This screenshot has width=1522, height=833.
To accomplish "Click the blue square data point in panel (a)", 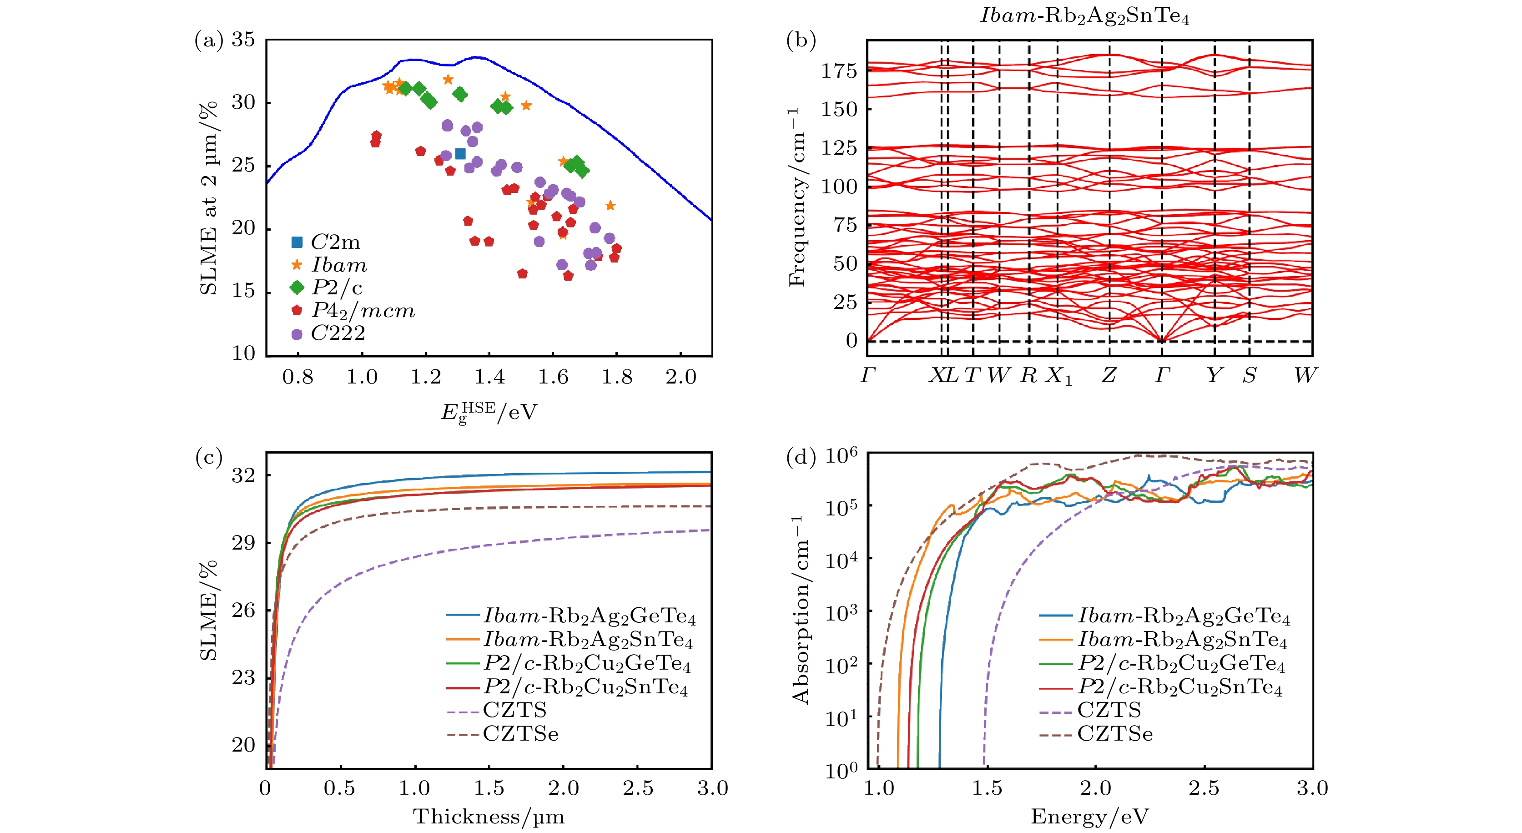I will [x=460, y=154].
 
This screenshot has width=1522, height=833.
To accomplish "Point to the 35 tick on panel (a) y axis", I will [x=243, y=40].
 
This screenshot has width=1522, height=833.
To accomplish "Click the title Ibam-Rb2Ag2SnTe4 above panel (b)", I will [x=1085, y=16].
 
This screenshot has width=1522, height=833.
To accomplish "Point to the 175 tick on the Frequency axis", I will [x=838, y=71].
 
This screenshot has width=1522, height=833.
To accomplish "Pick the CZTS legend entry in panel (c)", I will [x=514, y=710].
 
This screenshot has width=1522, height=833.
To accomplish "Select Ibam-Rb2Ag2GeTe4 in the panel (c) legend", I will [x=589, y=616].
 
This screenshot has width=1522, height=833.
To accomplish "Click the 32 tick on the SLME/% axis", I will [x=243, y=475].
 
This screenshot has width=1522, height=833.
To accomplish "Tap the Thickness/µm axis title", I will [x=489, y=817].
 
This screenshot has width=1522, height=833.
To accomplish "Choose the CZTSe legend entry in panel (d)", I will [x=1114, y=734].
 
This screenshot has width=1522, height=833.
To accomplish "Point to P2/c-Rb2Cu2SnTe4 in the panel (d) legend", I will [x=1180, y=687].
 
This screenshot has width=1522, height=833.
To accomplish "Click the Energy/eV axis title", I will [x=1089, y=817].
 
